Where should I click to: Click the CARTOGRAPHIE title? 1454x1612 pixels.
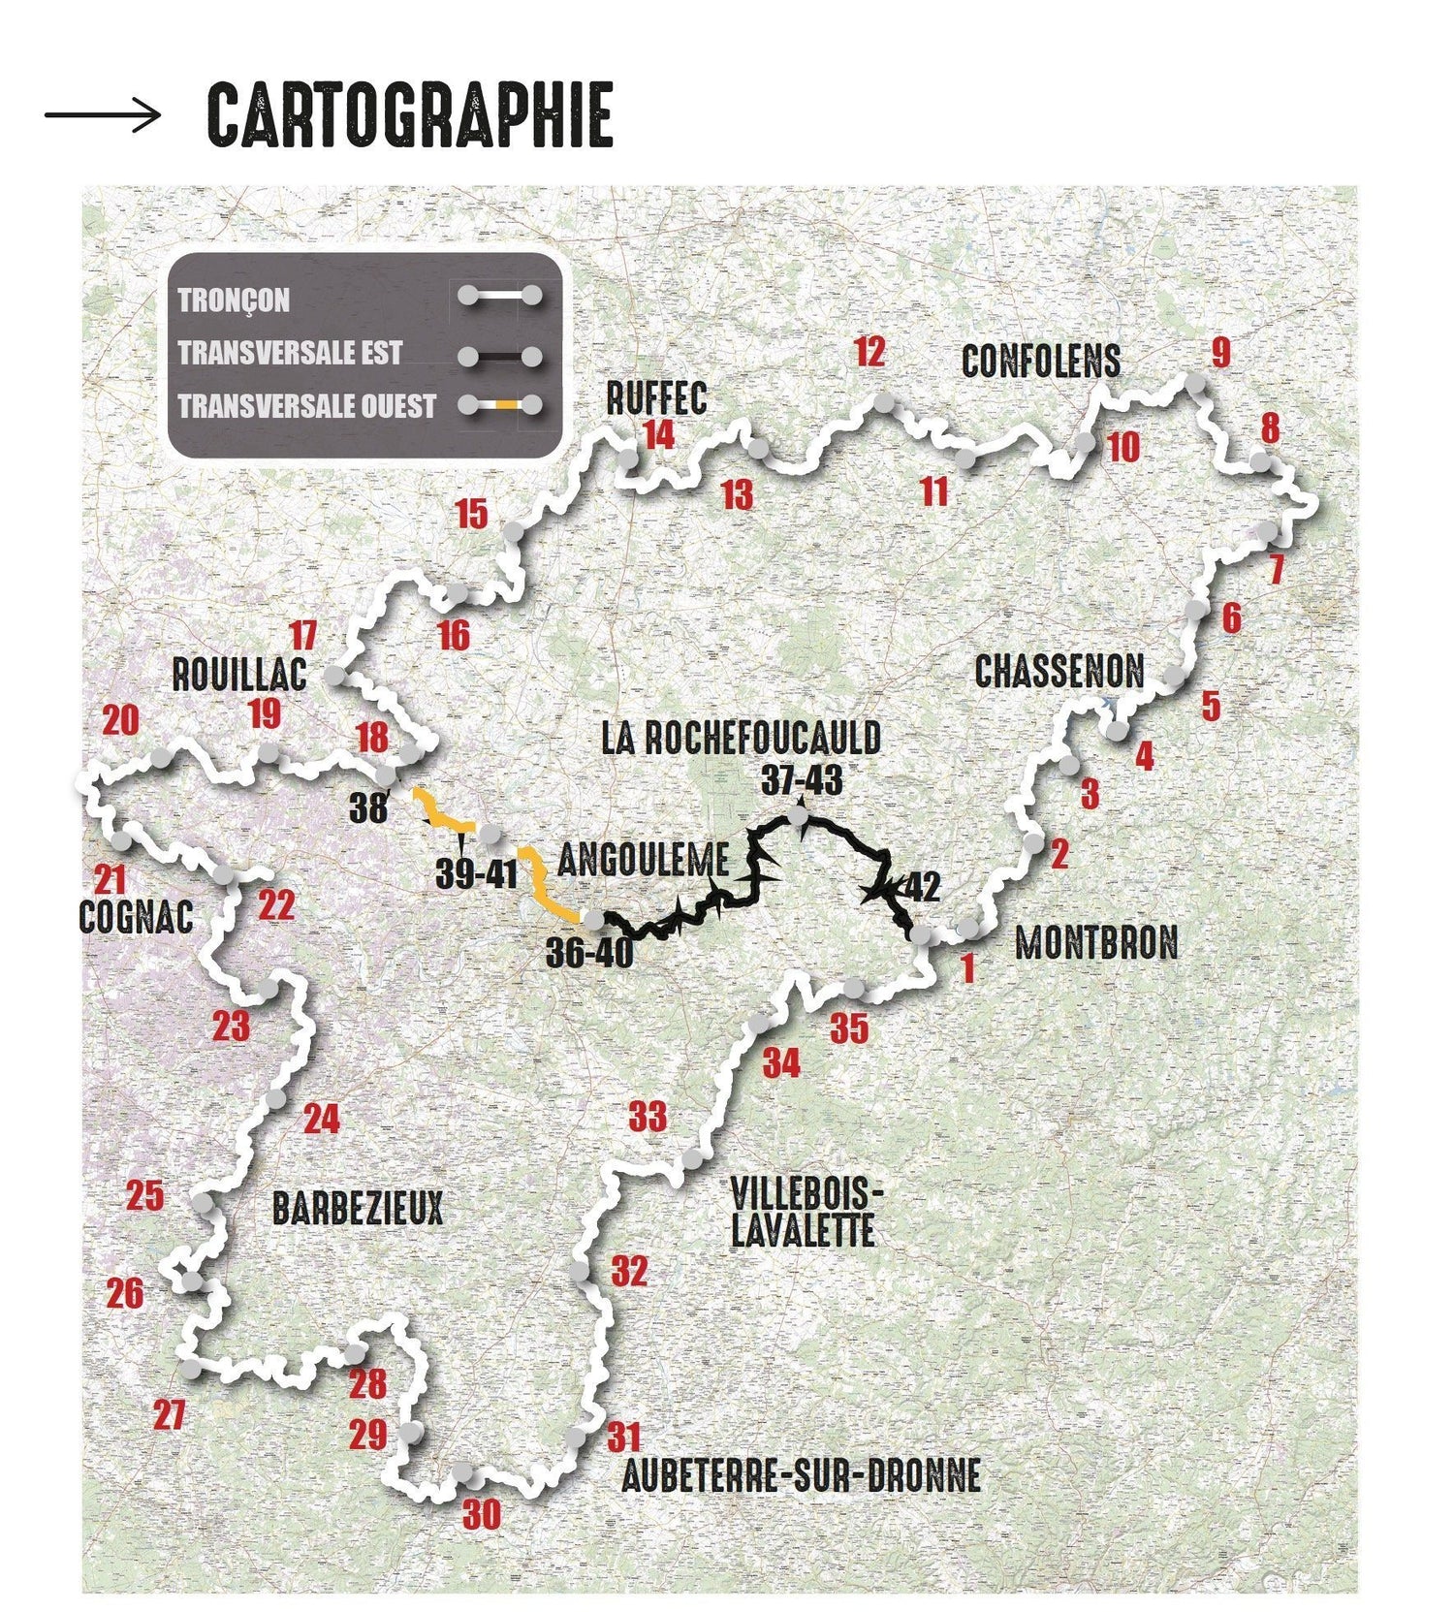tap(410, 114)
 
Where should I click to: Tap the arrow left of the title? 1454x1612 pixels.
tap(103, 115)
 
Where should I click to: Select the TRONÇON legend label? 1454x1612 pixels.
tap(234, 300)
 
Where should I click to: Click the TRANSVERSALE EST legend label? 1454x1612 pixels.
tap(289, 353)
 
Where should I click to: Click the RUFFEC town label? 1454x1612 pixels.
tap(656, 398)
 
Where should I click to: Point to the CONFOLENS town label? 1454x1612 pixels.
tap(1041, 362)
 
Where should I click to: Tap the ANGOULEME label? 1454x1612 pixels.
tap(643, 860)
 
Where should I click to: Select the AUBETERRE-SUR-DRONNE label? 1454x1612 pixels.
tap(801, 1475)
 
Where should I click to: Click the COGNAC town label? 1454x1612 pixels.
tap(136, 917)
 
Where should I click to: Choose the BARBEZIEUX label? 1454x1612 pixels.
tap(357, 1209)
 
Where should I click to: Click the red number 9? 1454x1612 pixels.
tap(1220, 353)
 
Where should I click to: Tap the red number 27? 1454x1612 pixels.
tap(170, 1415)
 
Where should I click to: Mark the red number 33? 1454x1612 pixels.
tap(648, 1117)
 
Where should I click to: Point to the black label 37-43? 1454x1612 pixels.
tap(802, 780)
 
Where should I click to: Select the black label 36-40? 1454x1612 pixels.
tap(588, 953)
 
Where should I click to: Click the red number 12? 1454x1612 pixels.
tap(869, 352)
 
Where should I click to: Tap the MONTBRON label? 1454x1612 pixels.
tap(1096, 942)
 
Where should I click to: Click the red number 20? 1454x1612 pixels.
tap(120, 720)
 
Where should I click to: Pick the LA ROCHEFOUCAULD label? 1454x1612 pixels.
tap(741, 738)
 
